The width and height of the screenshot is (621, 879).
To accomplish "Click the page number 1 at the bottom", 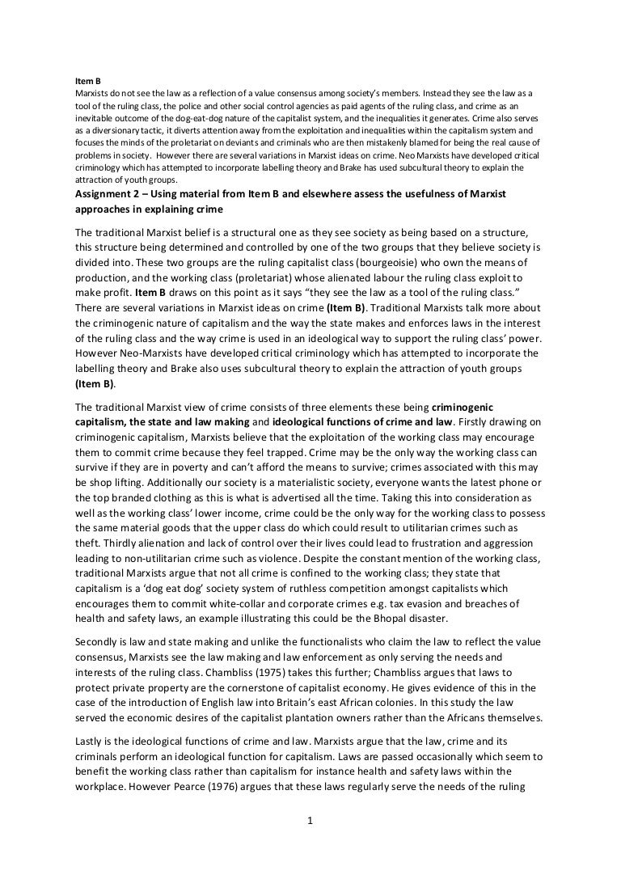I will click(310, 822).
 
